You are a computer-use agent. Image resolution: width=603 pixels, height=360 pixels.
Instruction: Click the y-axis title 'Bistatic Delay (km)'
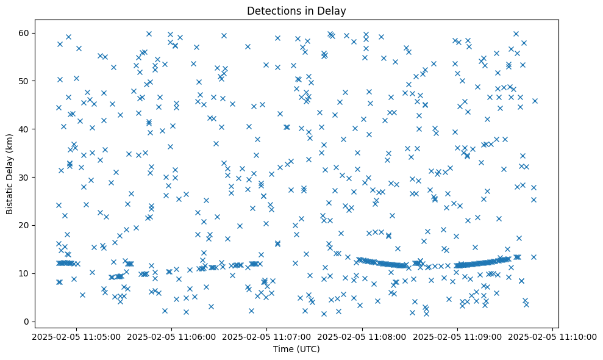tap(10, 174)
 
